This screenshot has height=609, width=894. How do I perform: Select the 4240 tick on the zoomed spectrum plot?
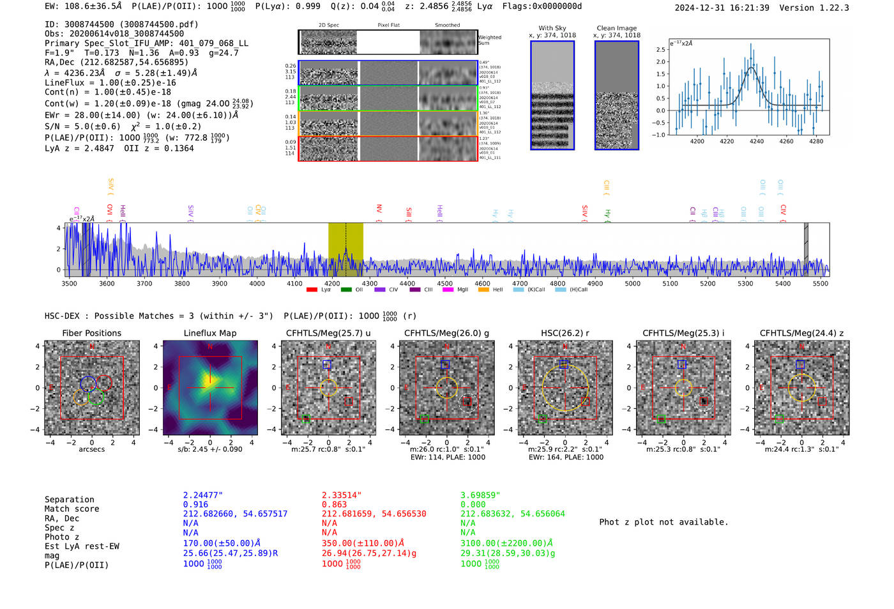click(x=757, y=141)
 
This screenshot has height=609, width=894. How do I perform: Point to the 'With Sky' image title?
click(x=552, y=28)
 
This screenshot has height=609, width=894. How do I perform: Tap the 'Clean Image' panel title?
click(x=616, y=28)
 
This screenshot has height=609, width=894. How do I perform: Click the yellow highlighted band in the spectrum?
click(x=345, y=249)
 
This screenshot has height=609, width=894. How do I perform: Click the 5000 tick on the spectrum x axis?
click(x=632, y=284)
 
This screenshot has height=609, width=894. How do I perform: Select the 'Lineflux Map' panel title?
click(x=209, y=333)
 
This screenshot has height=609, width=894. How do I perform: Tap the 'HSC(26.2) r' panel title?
click(x=564, y=333)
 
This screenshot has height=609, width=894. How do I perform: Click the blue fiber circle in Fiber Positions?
click(x=88, y=383)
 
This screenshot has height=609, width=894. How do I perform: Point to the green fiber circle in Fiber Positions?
click(x=96, y=397)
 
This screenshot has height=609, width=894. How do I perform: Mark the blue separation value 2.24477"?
click(x=202, y=495)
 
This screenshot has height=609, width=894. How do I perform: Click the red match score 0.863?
click(x=334, y=505)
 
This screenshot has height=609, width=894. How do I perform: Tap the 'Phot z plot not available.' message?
click(x=663, y=522)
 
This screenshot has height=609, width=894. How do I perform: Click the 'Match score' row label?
click(x=72, y=509)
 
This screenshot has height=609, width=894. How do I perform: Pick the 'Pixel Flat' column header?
click(x=388, y=26)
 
